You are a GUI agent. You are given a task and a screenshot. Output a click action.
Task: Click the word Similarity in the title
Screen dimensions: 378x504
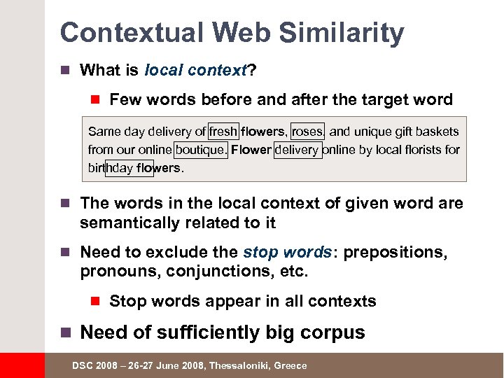[x=343, y=33]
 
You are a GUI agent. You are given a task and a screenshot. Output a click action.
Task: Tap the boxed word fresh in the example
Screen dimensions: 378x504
[x=223, y=131]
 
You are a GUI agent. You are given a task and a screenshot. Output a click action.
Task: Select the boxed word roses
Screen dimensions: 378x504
[x=307, y=131]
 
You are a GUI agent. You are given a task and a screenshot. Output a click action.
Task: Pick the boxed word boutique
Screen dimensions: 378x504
[x=201, y=149]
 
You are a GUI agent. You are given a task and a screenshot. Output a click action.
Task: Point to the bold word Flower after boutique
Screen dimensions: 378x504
[x=251, y=149]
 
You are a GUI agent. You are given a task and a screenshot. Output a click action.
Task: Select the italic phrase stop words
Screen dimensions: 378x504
[x=287, y=252]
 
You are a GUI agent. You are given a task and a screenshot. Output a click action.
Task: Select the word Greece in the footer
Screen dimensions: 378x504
[x=290, y=366]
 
